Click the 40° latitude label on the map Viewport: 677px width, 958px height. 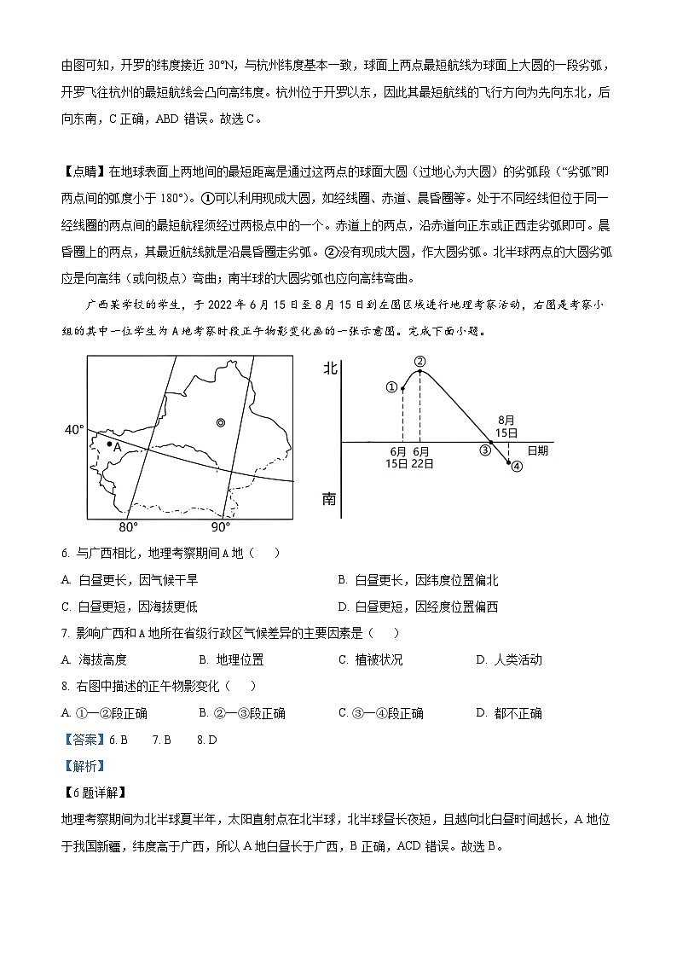click(x=73, y=429)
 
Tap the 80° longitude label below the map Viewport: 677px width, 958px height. click(x=128, y=526)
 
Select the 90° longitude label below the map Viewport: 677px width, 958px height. click(x=220, y=526)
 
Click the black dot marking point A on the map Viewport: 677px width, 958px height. click(x=109, y=443)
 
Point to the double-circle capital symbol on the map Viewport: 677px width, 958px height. click(x=221, y=421)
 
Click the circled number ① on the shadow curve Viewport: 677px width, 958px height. click(x=392, y=386)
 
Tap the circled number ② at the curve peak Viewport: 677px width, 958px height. click(x=420, y=362)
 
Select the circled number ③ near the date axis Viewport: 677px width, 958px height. click(x=485, y=450)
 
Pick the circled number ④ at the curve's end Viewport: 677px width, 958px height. click(x=516, y=467)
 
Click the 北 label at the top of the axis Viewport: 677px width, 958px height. click(x=329, y=369)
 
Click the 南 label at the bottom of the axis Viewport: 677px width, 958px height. click(x=329, y=499)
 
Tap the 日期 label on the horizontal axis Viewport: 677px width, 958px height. click(x=537, y=450)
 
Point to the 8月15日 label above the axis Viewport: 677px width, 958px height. click(x=507, y=426)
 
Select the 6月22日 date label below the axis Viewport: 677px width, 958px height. click(x=422, y=456)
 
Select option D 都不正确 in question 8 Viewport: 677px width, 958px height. click(x=508, y=713)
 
